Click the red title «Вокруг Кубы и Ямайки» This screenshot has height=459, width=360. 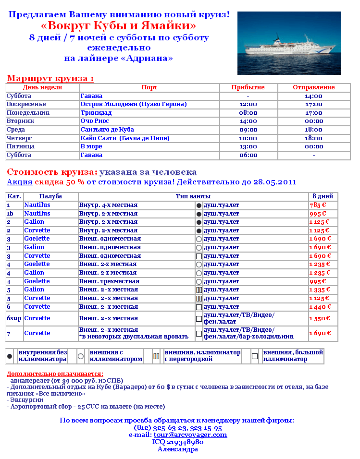tap(118, 25)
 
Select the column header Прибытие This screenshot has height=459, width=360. tap(248, 87)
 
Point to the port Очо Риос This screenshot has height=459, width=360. tap(94, 121)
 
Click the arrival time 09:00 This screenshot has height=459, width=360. tap(248, 130)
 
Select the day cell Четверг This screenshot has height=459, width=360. tap(19, 138)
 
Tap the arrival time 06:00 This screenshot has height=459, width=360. tap(248, 155)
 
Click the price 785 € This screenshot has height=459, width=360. tap(318, 205)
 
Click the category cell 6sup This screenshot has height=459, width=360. tap(14, 318)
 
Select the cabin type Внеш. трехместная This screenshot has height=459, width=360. tap(109, 281)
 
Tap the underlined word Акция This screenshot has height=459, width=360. tap(19, 182)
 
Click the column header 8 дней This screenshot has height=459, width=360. tap(323, 196)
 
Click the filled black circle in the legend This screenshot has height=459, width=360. tap(10, 355)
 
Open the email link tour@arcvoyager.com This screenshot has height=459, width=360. tap(190, 435)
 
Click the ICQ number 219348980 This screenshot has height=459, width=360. tap(178, 442)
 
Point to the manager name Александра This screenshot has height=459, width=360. tap(178, 449)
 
